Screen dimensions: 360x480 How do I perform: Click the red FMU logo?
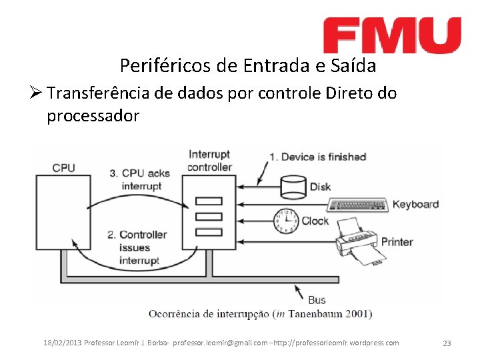pos(392,35)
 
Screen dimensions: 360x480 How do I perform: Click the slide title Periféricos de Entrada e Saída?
pos(247,66)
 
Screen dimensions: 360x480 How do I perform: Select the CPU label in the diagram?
pos(63,167)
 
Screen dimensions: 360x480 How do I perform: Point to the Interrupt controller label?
pos(209,161)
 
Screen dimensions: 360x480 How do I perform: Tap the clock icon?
pos(285,219)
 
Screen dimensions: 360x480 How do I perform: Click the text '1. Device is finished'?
pos(317,157)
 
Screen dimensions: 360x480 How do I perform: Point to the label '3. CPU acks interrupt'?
pos(139,180)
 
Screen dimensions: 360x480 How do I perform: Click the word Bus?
pos(317,299)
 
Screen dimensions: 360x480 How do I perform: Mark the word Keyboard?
pos(415,204)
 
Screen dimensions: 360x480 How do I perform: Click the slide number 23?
pos(447,343)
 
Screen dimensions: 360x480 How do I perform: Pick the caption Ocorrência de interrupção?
pos(209,313)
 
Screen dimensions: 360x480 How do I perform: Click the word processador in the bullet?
pos(93,116)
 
